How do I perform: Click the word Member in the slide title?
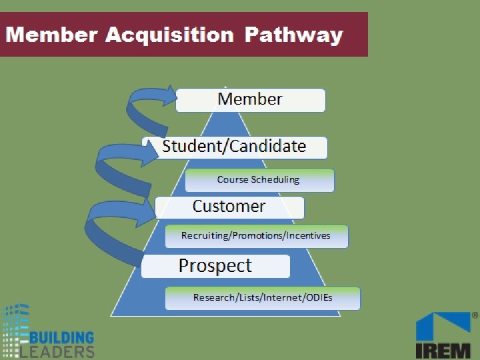(x=51, y=35)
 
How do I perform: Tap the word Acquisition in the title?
(x=169, y=35)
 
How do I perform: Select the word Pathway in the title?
(x=294, y=35)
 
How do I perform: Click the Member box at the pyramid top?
(x=251, y=100)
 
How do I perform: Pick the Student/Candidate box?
(x=235, y=147)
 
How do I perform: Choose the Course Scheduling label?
(x=259, y=179)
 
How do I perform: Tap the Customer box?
(x=229, y=207)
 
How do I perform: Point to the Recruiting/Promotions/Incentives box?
(x=256, y=235)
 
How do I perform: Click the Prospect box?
(x=215, y=266)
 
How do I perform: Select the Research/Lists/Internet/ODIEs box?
(x=263, y=297)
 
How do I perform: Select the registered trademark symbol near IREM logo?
(x=475, y=314)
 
